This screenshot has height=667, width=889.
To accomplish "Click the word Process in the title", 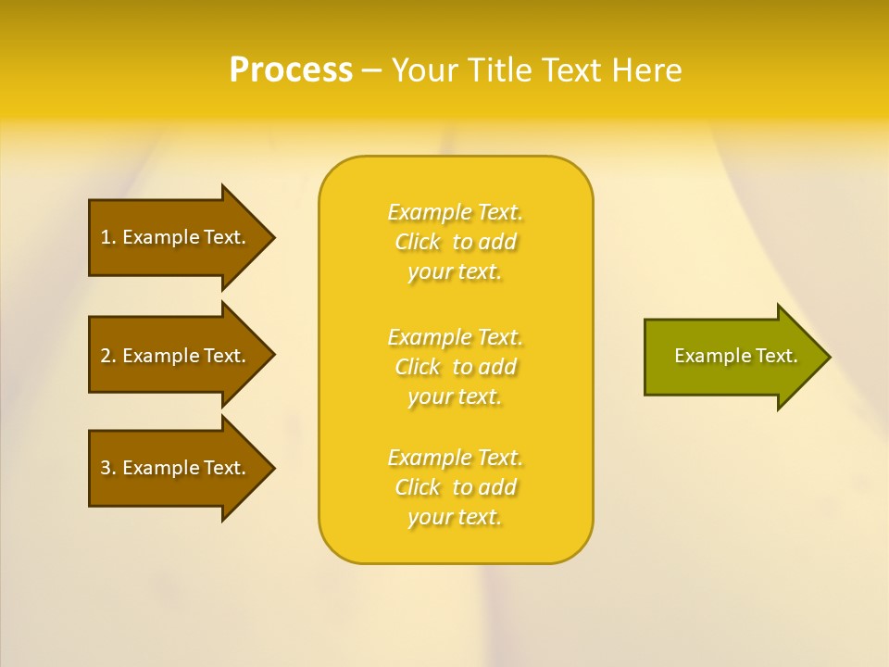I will click(x=291, y=70).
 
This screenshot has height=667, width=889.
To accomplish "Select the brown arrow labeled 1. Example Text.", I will click(x=172, y=237).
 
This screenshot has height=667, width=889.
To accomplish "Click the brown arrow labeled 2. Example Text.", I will click(x=172, y=356).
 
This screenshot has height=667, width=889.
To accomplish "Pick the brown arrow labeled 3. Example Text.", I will click(x=172, y=468).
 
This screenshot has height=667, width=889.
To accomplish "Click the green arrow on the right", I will click(x=732, y=357).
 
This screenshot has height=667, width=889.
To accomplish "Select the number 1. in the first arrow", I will click(x=108, y=237).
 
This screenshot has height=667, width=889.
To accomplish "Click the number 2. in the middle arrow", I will click(x=108, y=356).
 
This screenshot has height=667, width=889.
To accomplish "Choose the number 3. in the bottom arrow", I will click(x=108, y=468).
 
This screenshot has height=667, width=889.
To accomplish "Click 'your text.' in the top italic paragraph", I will click(x=455, y=272).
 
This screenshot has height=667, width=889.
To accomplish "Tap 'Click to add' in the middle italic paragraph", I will click(x=456, y=367).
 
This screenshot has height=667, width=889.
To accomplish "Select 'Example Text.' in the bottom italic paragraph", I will click(x=456, y=458).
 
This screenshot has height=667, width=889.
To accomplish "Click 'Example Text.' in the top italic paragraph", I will click(x=456, y=212).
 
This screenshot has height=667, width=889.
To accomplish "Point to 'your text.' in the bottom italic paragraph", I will click(x=455, y=518).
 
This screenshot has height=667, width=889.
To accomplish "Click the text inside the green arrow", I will click(x=735, y=356).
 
